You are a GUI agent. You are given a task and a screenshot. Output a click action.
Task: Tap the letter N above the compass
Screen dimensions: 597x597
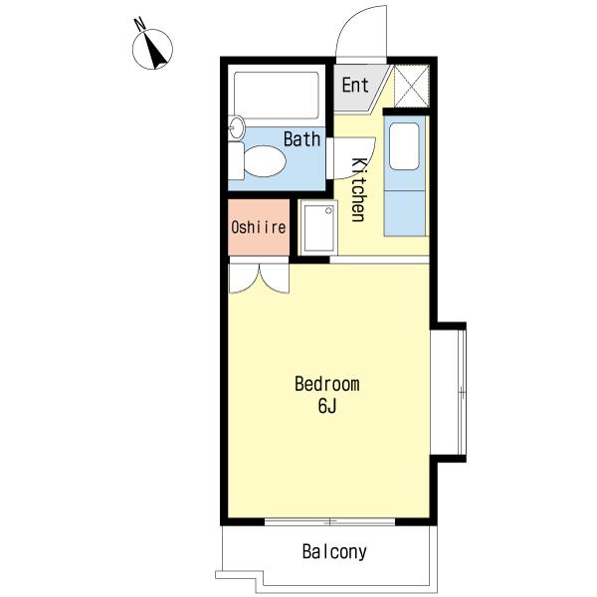[x=140, y=24]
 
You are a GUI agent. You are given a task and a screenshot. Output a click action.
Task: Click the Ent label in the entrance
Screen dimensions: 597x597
[x=355, y=85]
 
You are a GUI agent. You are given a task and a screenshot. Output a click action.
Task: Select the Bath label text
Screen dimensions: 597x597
[x=301, y=139]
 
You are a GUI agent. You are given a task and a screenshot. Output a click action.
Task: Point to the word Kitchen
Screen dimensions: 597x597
[x=359, y=189]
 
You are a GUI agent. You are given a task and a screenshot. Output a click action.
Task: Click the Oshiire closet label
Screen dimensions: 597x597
[x=259, y=227]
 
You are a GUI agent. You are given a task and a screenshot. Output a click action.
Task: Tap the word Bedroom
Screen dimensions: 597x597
[x=327, y=384]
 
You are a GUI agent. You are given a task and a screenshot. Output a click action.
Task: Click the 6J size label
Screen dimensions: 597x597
[x=327, y=406]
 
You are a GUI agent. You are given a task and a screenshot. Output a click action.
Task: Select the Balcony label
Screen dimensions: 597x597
[x=334, y=551]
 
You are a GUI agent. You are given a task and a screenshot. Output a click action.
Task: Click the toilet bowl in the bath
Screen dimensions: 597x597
[x=265, y=161]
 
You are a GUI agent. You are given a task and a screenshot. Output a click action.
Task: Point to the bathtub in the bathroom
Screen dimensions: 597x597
[x=277, y=96]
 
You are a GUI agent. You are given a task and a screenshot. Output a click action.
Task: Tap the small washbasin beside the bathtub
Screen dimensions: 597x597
[x=237, y=127]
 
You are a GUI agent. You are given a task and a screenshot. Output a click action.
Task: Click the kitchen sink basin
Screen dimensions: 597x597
[x=404, y=146]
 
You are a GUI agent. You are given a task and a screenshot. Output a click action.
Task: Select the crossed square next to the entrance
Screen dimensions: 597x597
[x=412, y=87]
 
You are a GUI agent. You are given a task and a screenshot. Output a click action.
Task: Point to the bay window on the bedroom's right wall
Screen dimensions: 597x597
[x=449, y=392]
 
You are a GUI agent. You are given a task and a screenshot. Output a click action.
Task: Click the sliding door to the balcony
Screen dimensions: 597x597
[x=329, y=521]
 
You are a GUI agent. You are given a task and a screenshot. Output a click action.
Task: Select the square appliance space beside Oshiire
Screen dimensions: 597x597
[x=318, y=227]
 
